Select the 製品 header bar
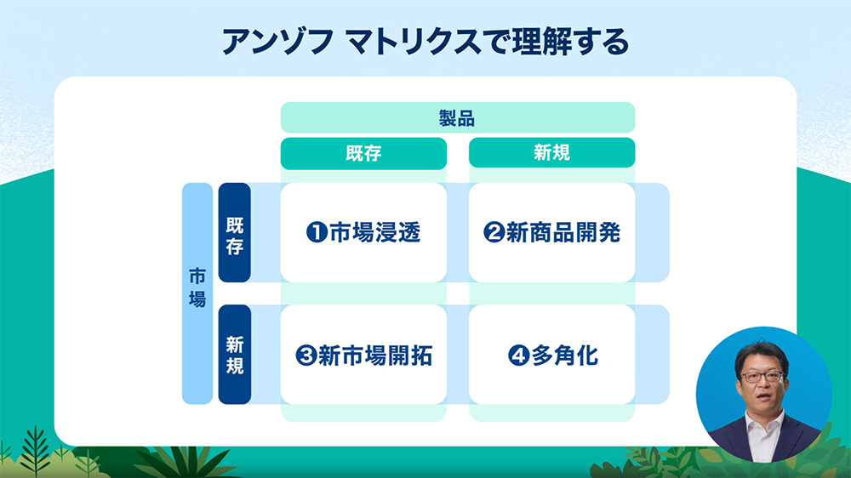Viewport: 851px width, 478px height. [458, 117]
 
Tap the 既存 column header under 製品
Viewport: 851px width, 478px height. [363, 153]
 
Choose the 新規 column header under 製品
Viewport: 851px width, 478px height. [551, 153]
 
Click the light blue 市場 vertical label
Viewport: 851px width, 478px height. [197, 293]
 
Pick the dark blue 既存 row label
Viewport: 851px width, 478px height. [235, 232]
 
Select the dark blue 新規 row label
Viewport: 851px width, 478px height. [235, 354]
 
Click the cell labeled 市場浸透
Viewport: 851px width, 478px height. [363, 232]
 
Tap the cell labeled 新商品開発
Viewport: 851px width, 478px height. [551, 232]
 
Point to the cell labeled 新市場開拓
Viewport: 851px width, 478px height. [363, 355]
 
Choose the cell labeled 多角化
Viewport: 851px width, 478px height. [551, 355]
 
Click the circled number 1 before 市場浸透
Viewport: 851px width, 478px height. [317, 233]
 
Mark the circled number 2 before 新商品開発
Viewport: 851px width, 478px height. [494, 233]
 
